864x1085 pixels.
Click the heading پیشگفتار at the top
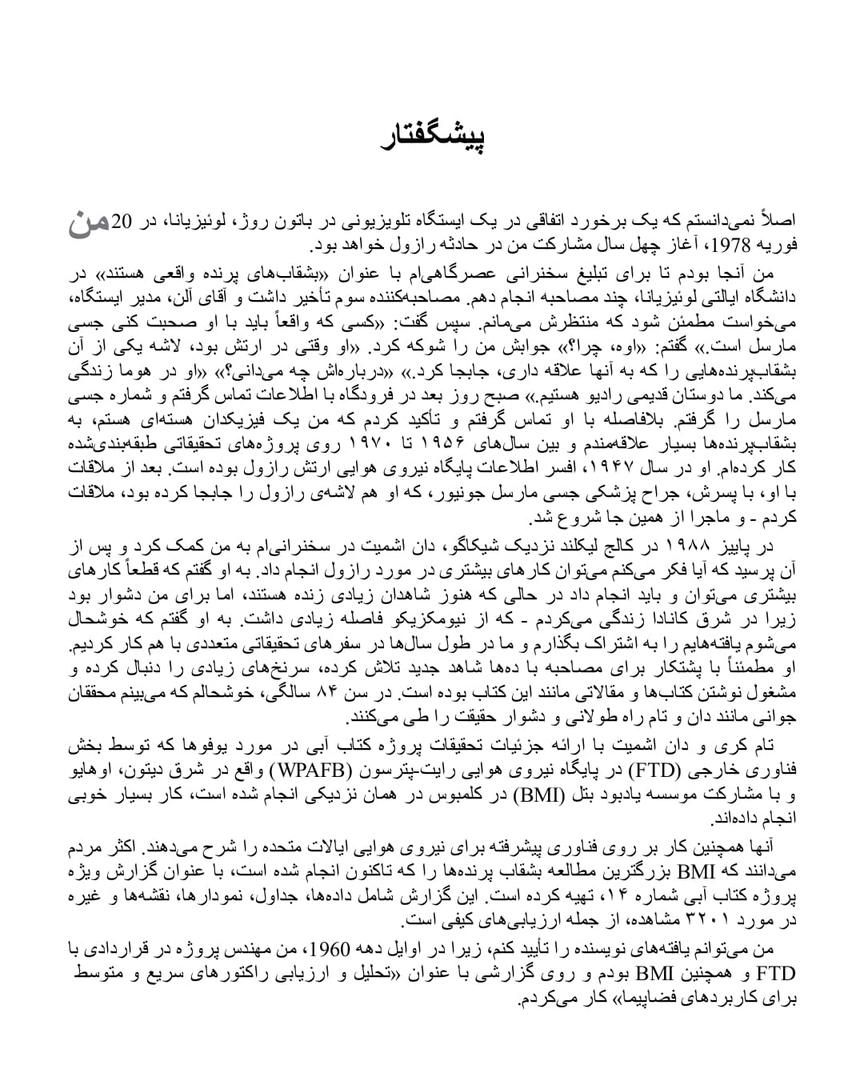tap(433, 138)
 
